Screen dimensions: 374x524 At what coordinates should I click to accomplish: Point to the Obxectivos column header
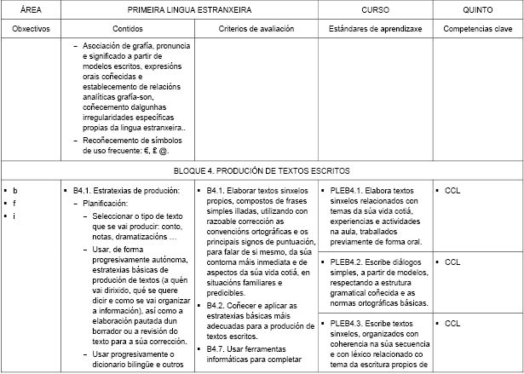coord(31,28)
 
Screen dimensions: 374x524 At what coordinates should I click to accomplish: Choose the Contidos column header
coord(128,28)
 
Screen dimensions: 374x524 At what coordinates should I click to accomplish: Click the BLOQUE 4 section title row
coord(262,170)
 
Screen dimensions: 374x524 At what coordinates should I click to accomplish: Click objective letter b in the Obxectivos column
coord(15,190)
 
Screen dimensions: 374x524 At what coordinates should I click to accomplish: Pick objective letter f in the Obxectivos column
coord(15,204)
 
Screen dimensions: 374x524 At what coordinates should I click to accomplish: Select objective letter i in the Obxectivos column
coord(15,217)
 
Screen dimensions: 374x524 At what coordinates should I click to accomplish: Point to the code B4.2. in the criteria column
coord(216,305)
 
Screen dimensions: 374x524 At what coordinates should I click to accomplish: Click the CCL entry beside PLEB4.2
coord(452,262)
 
